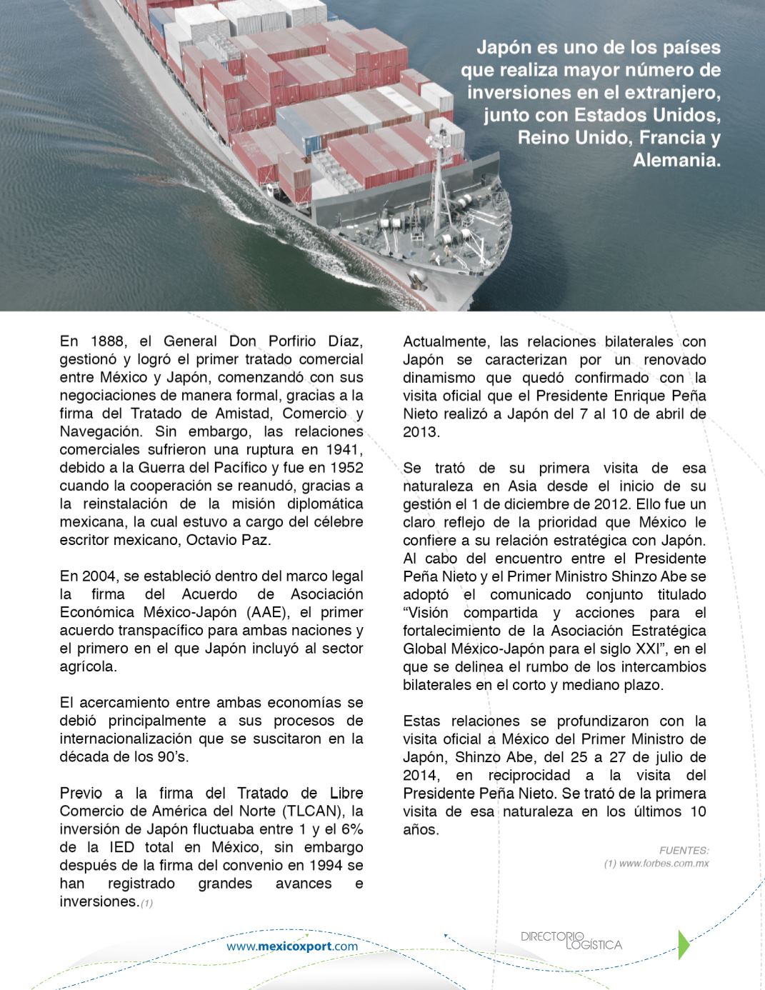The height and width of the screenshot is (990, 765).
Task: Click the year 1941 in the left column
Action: click(x=344, y=449)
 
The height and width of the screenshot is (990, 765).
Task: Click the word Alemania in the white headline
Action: click(x=676, y=159)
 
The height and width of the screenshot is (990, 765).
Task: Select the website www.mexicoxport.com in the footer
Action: click(x=292, y=946)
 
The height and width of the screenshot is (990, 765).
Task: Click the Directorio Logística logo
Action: click(x=571, y=940)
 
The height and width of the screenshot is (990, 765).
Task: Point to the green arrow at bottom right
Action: click(x=684, y=944)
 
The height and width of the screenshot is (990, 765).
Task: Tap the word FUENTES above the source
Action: click(x=684, y=851)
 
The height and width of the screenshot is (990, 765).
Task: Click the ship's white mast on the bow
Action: click(x=436, y=179)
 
